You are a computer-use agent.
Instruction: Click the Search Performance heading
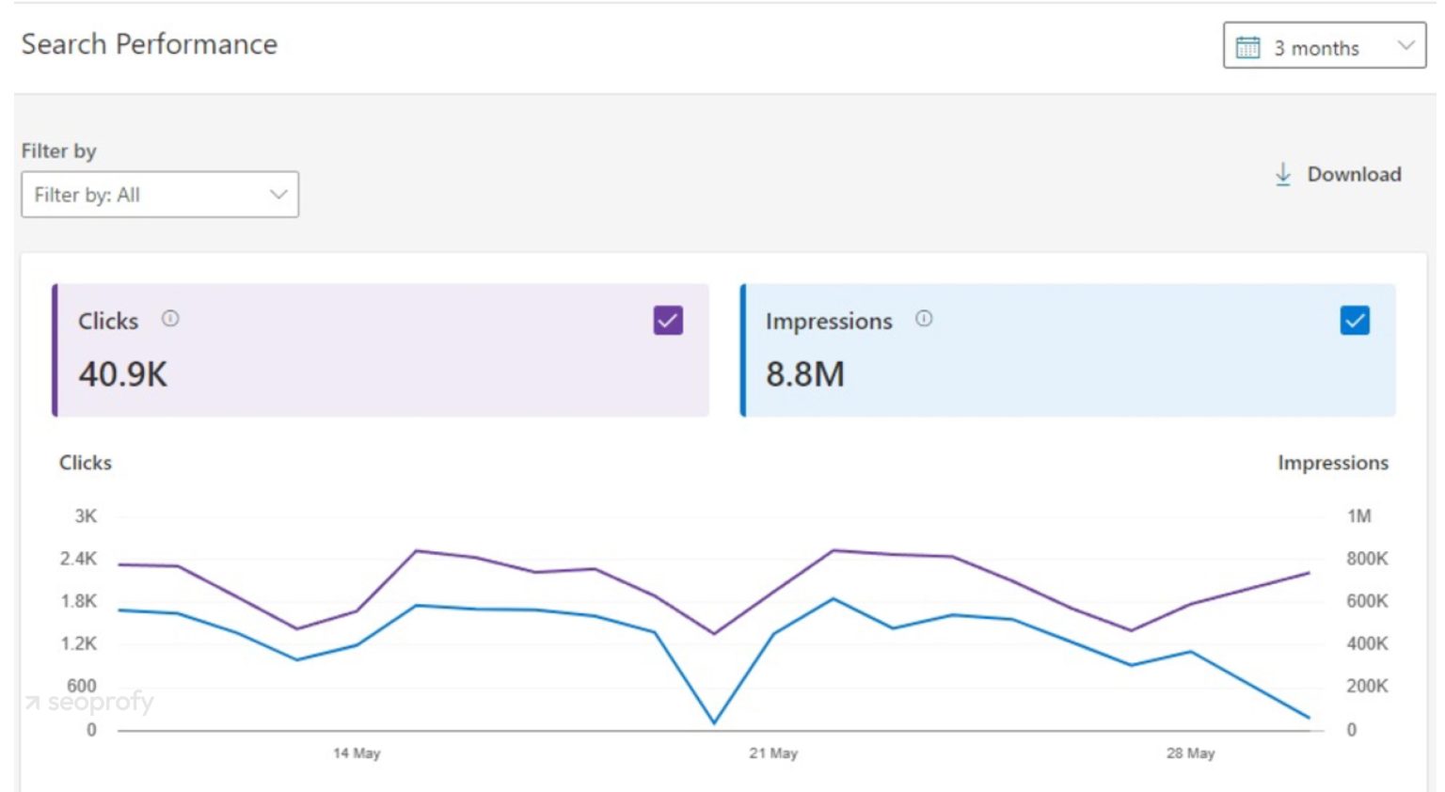(x=150, y=44)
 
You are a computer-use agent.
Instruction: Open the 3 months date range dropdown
(x=1324, y=46)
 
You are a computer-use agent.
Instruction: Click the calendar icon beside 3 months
(x=1247, y=47)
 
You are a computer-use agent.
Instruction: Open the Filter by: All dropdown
(x=160, y=195)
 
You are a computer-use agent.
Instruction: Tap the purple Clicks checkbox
(x=668, y=321)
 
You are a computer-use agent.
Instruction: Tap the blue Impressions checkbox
(x=1355, y=321)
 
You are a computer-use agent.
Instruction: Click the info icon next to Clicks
(x=170, y=319)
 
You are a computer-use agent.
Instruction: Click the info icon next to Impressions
(x=924, y=319)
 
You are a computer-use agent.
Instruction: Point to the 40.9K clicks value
(x=123, y=374)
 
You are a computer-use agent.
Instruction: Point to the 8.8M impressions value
(x=805, y=374)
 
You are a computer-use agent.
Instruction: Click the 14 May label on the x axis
(x=357, y=753)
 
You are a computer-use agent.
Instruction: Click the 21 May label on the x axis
(x=773, y=753)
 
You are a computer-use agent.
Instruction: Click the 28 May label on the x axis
(x=1190, y=753)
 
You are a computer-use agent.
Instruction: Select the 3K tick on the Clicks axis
(x=86, y=516)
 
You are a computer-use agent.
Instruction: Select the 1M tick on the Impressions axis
(x=1358, y=516)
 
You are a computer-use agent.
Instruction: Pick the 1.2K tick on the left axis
(x=79, y=644)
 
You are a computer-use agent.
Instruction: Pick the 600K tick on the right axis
(x=1367, y=601)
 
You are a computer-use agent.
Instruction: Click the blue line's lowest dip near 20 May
(x=715, y=722)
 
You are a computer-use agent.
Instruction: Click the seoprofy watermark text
(x=100, y=702)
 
